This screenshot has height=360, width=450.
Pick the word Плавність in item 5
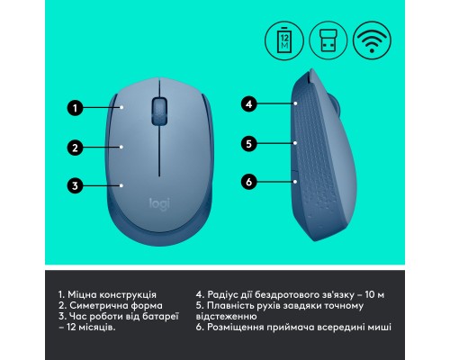point(233,306)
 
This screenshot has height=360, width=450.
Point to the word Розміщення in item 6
point(238,328)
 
